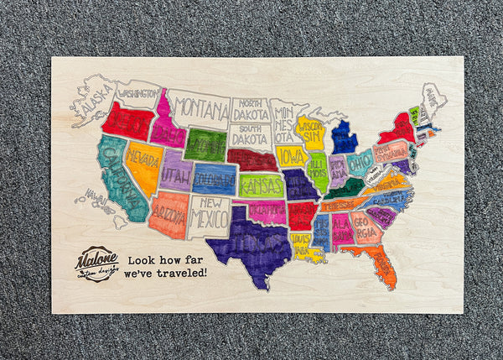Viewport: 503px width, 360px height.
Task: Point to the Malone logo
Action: pyautogui.click(x=96, y=263)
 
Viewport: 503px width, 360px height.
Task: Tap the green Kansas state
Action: pyautogui.click(x=261, y=185)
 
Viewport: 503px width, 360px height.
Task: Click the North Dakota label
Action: pyautogui.click(x=251, y=109)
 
